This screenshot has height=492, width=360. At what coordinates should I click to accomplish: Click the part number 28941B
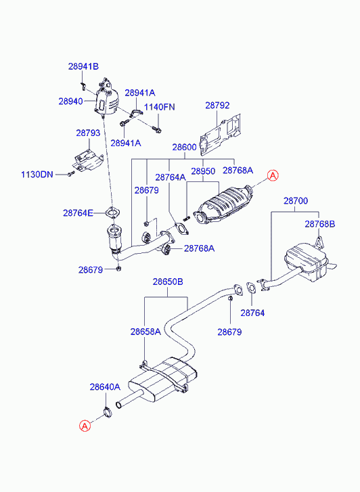click(x=83, y=66)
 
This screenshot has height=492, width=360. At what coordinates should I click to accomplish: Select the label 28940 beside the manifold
click(x=70, y=101)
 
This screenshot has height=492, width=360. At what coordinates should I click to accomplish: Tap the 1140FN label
click(x=159, y=107)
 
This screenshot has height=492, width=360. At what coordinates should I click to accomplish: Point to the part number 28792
click(x=218, y=106)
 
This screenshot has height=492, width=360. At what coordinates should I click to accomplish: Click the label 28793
click(x=88, y=133)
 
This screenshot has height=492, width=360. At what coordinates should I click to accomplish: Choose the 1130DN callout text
click(x=37, y=175)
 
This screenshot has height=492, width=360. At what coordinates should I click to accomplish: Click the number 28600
click(x=184, y=147)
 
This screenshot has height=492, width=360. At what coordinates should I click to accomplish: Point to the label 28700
click(x=295, y=201)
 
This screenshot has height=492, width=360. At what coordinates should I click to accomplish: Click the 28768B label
click(x=319, y=224)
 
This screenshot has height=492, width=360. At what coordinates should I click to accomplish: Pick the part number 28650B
click(x=168, y=282)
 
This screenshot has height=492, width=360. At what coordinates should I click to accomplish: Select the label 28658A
click(x=145, y=332)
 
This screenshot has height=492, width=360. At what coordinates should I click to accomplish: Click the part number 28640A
click(x=105, y=387)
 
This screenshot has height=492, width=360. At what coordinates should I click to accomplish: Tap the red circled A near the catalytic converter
click(x=272, y=176)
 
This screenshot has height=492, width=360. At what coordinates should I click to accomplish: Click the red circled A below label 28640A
click(x=85, y=426)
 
